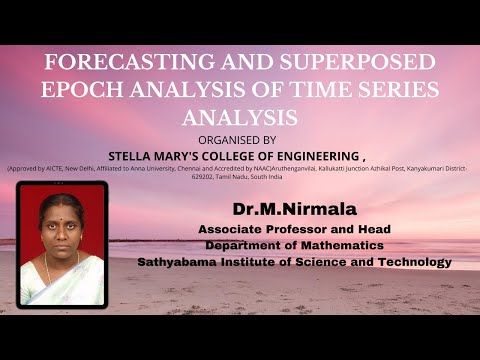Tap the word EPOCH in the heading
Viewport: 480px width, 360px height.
click(82, 88)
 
